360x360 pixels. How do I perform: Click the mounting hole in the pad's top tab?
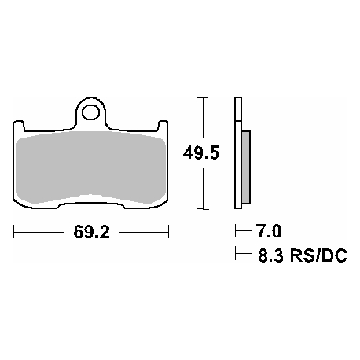pos(91,112)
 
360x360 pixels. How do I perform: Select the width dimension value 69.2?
pos(91,233)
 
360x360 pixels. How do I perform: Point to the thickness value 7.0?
pos(268,232)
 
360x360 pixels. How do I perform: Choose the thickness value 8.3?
pos(269,255)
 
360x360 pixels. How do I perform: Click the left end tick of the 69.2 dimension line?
pos(14,233)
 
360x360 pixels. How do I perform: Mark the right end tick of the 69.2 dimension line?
pos(169,233)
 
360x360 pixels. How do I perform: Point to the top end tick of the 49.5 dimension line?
pos(204,98)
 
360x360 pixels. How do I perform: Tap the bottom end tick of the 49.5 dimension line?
pos(204,209)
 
